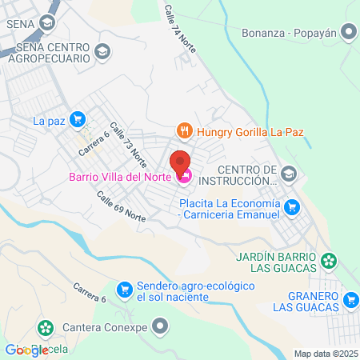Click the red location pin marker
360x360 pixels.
[x=181, y=162]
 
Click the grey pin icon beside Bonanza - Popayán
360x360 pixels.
[x=348, y=33]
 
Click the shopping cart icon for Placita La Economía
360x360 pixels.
[x=294, y=207]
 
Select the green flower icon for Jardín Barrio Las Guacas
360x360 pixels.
[x=329, y=260]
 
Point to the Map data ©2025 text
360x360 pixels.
[x=324, y=354]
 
